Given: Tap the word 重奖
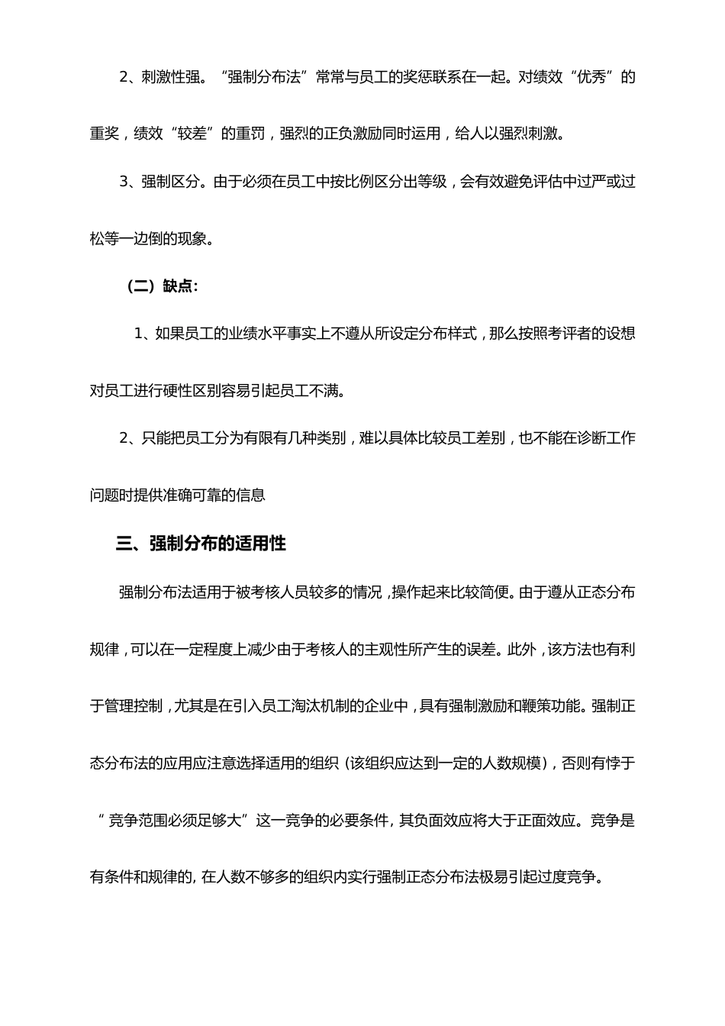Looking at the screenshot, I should click(105, 134).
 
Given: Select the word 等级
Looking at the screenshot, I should click(431, 182).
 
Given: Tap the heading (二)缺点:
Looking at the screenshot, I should click(163, 286).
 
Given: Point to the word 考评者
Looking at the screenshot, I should click(577, 334).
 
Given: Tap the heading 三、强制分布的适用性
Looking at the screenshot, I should click(201, 544).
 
